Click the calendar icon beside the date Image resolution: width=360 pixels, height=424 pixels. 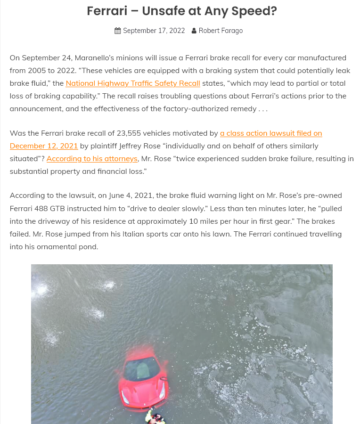pos(118,31)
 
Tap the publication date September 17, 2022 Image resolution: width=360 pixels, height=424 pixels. pos(154,31)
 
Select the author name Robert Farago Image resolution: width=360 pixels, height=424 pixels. pos(221,31)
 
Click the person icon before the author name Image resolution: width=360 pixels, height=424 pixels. pos(194,31)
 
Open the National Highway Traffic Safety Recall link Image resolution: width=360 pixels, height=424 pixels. pos(133,83)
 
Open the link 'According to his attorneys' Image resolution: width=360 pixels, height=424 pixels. pos(92,159)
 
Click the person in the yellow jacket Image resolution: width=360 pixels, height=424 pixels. pos(154,417)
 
